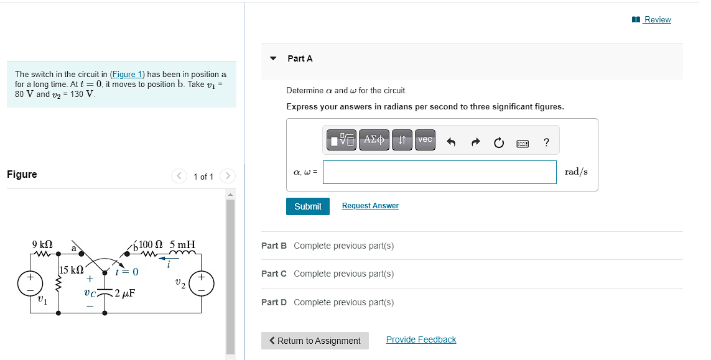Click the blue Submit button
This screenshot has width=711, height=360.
(x=307, y=206)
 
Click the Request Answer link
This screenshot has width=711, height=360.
(x=370, y=206)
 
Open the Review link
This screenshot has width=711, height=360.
(x=657, y=19)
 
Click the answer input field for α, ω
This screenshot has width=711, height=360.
(x=439, y=172)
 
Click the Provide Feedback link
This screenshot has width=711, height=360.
(x=421, y=339)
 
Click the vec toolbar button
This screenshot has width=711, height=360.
(x=425, y=140)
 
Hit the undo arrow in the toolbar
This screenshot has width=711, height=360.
(x=452, y=142)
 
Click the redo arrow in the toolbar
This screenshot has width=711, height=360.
(x=475, y=142)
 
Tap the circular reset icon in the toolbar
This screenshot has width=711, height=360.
(x=498, y=142)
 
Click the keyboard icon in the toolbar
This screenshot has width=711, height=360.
(x=523, y=143)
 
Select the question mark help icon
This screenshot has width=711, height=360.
(x=546, y=142)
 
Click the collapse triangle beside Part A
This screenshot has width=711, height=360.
(x=273, y=58)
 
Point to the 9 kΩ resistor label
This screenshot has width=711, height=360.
(x=42, y=244)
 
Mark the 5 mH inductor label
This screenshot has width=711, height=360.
(x=182, y=244)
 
